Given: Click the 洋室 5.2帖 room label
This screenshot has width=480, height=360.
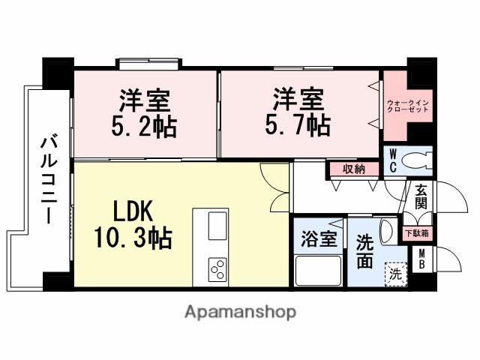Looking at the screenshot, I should click(x=145, y=113).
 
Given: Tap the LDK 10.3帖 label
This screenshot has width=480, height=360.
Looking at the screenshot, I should click(x=133, y=226).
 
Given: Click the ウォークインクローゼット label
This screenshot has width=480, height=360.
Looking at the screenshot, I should click(x=409, y=105).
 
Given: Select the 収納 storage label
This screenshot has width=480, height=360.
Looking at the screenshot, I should click(x=353, y=169).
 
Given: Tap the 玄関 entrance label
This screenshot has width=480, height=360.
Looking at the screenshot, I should click(x=421, y=196).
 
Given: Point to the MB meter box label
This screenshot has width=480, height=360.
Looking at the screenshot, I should click(x=423, y=259).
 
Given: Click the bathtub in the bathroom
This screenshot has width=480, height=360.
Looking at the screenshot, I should click(x=318, y=269).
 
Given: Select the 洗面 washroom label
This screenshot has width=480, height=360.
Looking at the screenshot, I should click(x=364, y=252).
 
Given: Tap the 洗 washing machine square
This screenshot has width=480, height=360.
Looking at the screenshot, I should click(x=395, y=274).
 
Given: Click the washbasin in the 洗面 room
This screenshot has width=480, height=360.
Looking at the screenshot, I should click(x=388, y=229).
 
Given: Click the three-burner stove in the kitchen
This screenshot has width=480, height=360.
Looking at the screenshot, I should click(x=218, y=268).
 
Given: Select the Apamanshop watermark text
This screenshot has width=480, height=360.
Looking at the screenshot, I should click(x=239, y=311).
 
